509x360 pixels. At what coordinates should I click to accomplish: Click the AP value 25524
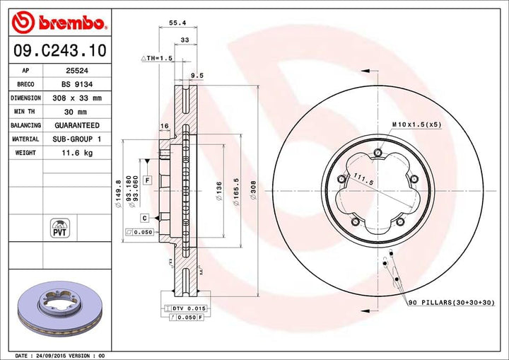pos(72,71)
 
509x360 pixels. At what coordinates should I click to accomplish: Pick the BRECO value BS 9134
pos(73,84)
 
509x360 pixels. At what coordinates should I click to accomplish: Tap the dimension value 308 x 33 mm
pos(73,98)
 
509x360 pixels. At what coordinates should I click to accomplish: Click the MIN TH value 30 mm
pos(73,112)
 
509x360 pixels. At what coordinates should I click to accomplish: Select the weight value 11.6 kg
pos(73,153)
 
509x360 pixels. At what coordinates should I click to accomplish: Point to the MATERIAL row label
pos(25,139)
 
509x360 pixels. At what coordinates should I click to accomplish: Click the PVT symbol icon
pos(59,227)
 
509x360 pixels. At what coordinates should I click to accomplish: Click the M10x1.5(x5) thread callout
pos(416,124)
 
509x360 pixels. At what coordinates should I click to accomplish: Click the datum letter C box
pos(144,217)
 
